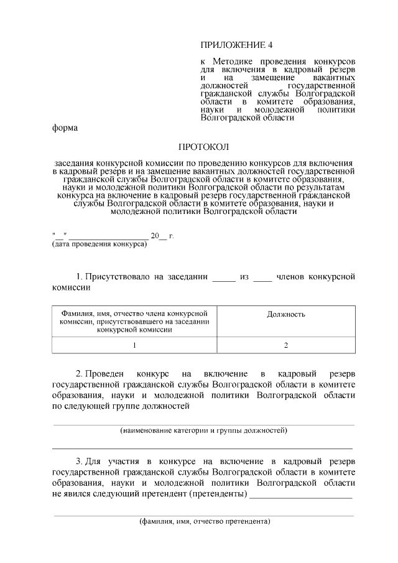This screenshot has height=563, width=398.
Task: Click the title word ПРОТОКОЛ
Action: coord(203,147)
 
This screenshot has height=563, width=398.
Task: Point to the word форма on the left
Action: coord(65,128)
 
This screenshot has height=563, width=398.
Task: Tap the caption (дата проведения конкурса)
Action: coord(99,244)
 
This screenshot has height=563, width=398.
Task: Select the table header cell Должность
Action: coord(286,314)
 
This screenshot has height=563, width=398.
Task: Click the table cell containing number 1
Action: coord(134,345)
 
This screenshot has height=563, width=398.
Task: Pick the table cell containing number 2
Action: coord(286,345)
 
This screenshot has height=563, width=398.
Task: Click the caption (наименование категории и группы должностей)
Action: coord(203,430)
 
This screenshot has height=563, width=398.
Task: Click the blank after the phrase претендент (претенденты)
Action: coord(301,495)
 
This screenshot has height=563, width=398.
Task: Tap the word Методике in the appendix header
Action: coord(236,63)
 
